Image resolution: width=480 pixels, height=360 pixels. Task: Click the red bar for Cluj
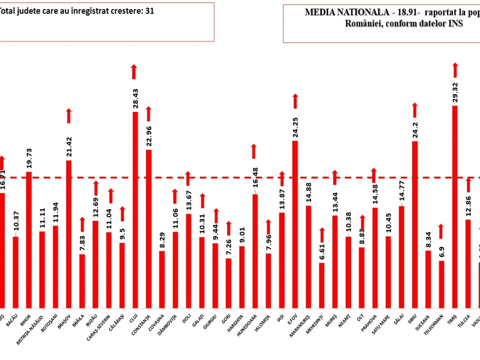tap(135, 208)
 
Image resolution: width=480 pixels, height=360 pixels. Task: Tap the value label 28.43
tap(135, 98)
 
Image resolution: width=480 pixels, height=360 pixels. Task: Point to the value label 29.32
tap(455, 92)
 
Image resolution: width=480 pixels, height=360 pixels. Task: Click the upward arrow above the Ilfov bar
tap(295, 101)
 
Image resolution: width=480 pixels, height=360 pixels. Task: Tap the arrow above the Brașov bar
tap(69, 116)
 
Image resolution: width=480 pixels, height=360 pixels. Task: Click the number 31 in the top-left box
tap(150, 11)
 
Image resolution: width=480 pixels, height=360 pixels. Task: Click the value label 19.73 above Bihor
tap(29, 160)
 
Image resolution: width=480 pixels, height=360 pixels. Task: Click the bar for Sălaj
tap(402, 256)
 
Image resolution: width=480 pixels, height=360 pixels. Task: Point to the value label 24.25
tap(295, 127)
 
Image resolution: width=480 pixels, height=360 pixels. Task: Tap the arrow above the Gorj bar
tap(229, 228)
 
